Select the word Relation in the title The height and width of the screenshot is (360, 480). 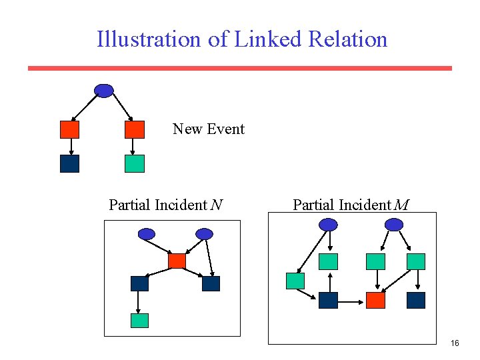point(347,39)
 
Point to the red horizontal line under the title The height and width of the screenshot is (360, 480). point(240,68)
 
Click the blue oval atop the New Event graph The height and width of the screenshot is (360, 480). point(104,91)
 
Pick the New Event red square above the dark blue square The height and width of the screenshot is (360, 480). point(69,129)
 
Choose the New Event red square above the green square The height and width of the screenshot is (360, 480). point(135,129)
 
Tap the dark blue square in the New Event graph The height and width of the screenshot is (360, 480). point(69,163)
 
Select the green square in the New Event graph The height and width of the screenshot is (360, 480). point(135,163)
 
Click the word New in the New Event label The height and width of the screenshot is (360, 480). point(187,129)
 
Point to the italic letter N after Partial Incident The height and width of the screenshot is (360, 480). point(216,205)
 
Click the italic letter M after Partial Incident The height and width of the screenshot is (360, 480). point(401,205)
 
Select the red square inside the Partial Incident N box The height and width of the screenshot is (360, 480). point(177,261)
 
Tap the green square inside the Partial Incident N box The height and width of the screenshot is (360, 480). point(139,320)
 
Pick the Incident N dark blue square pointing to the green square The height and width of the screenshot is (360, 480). point(139,283)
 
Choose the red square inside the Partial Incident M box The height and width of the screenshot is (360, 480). point(376,300)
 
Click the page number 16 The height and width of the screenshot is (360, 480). point(455,343)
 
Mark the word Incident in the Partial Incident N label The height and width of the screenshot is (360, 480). point(181,205)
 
